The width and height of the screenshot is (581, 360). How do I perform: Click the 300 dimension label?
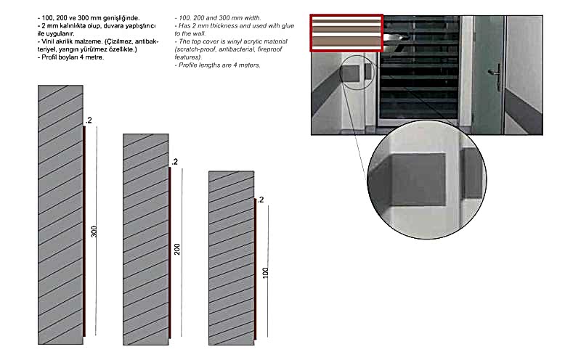[94, 232]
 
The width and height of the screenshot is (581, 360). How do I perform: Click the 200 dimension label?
[177, 249]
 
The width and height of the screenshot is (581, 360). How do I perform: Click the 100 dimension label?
[265, 273]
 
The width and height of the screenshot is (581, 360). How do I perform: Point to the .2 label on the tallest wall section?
[89, 120]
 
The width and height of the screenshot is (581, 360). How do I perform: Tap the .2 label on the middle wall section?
[174, 162]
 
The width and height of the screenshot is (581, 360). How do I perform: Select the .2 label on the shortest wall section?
[261, 200]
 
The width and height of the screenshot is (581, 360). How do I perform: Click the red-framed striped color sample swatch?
[346, 33]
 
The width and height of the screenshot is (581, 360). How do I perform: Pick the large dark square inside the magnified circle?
[418, 179]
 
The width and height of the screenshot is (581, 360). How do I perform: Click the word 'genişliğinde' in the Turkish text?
[121, 18]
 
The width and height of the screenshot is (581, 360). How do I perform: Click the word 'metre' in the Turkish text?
[96, 57]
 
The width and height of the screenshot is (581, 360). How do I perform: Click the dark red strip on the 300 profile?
[84, 231]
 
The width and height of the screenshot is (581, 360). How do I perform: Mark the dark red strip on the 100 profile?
[256, 269]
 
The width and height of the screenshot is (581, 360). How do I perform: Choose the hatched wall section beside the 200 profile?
[146, 240]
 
